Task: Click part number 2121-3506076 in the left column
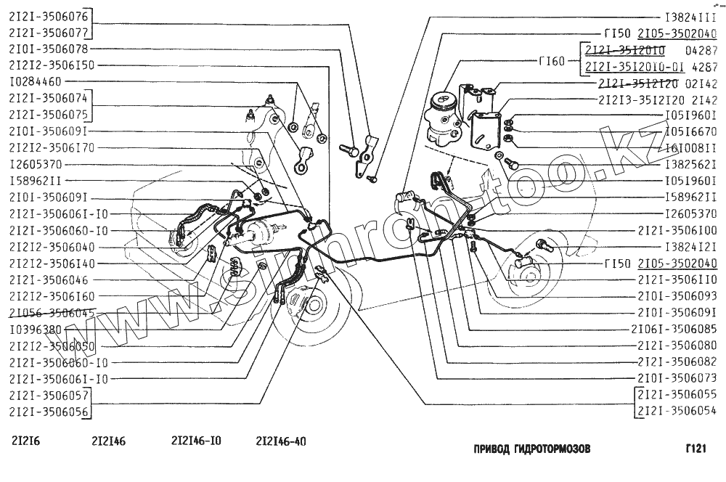(x=48, y=15)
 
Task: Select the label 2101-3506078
(x=48, y=49)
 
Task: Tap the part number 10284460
(x=36, y=81)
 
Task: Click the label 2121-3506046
(x=48, y=279)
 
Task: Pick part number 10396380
(x=36, y=329)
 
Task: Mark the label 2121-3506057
(x=48, y=395)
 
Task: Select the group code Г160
(x=552, y=61)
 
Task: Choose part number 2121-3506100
(x=677, y=230)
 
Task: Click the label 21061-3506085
(x=674, y=329)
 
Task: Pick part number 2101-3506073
(x=677, y=378)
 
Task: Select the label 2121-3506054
(x=677, y=412)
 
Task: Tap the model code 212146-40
(x=280, y=441)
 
